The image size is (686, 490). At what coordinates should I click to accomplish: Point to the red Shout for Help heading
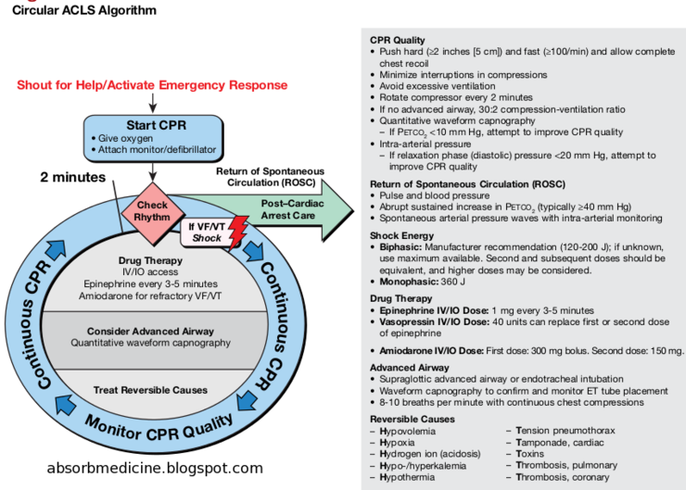coord(152,85)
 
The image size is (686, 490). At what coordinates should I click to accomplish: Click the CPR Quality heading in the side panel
coord(398,40)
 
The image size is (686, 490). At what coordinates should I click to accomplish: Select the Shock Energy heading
coord(402,235)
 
